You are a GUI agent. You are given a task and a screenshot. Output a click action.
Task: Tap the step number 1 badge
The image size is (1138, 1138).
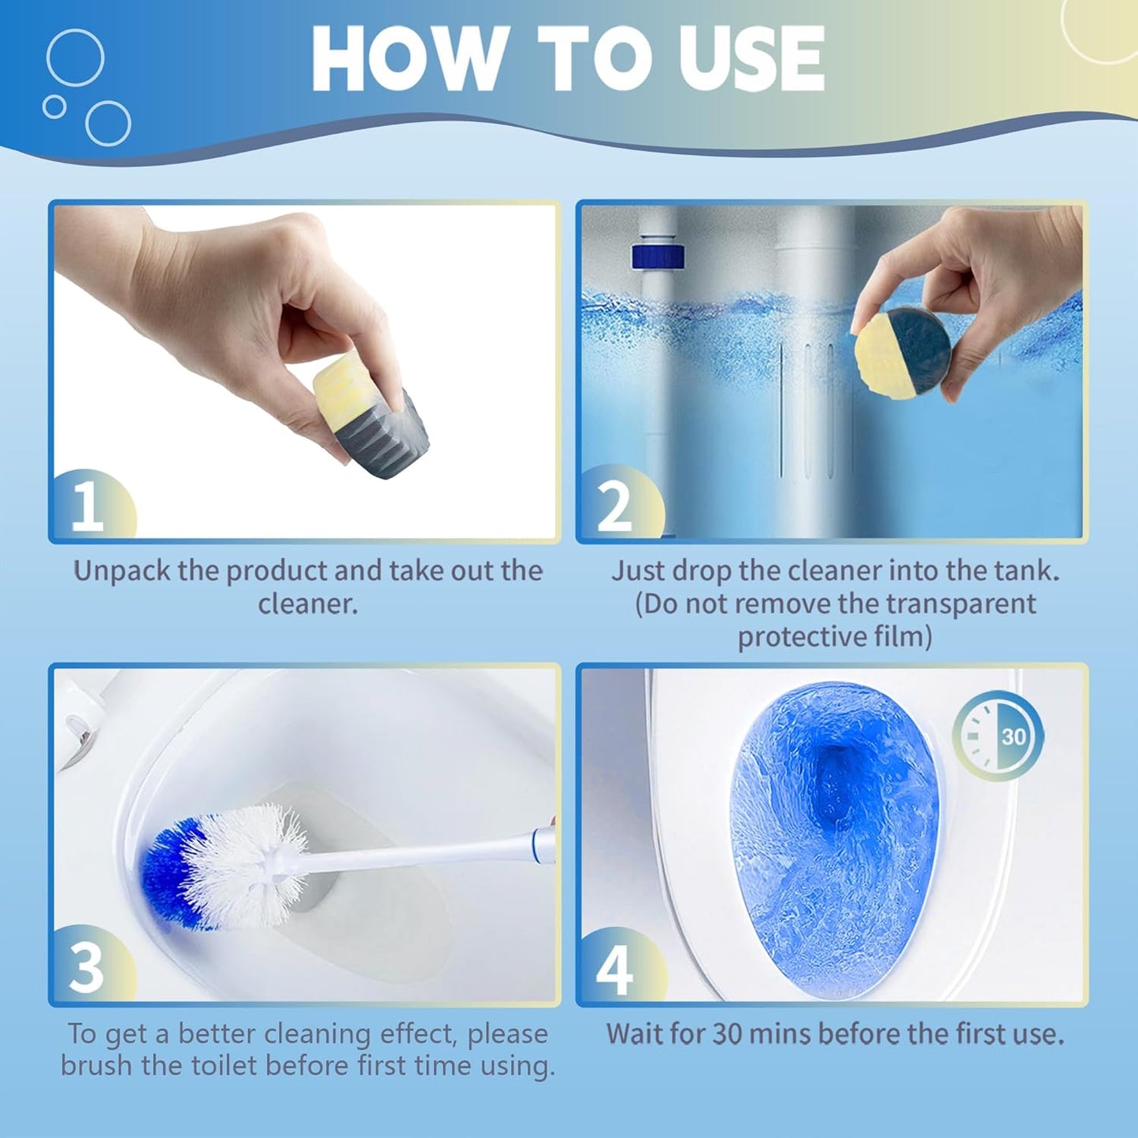[87, 506]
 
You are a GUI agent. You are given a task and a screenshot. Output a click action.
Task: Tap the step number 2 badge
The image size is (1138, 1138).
[615, 506]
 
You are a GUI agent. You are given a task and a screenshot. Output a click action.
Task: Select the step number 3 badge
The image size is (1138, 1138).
[87, 967]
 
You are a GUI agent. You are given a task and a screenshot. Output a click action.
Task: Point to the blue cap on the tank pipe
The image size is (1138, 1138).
[658, 257]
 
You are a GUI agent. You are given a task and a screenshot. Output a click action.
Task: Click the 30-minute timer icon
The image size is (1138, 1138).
[998, 736]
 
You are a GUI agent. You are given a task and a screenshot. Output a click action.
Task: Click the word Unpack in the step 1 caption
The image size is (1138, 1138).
[121, 571]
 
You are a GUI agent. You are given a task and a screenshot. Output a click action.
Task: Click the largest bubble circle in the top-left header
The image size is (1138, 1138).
[75, 57]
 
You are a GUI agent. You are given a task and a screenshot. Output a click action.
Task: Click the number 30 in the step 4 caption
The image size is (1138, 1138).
[728, 1033]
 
